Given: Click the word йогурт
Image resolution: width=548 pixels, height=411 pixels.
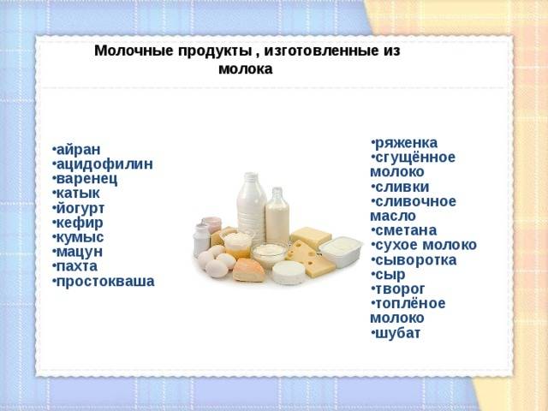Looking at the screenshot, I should [80, 208].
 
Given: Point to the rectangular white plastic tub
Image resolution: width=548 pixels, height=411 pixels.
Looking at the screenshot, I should [341, 250].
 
